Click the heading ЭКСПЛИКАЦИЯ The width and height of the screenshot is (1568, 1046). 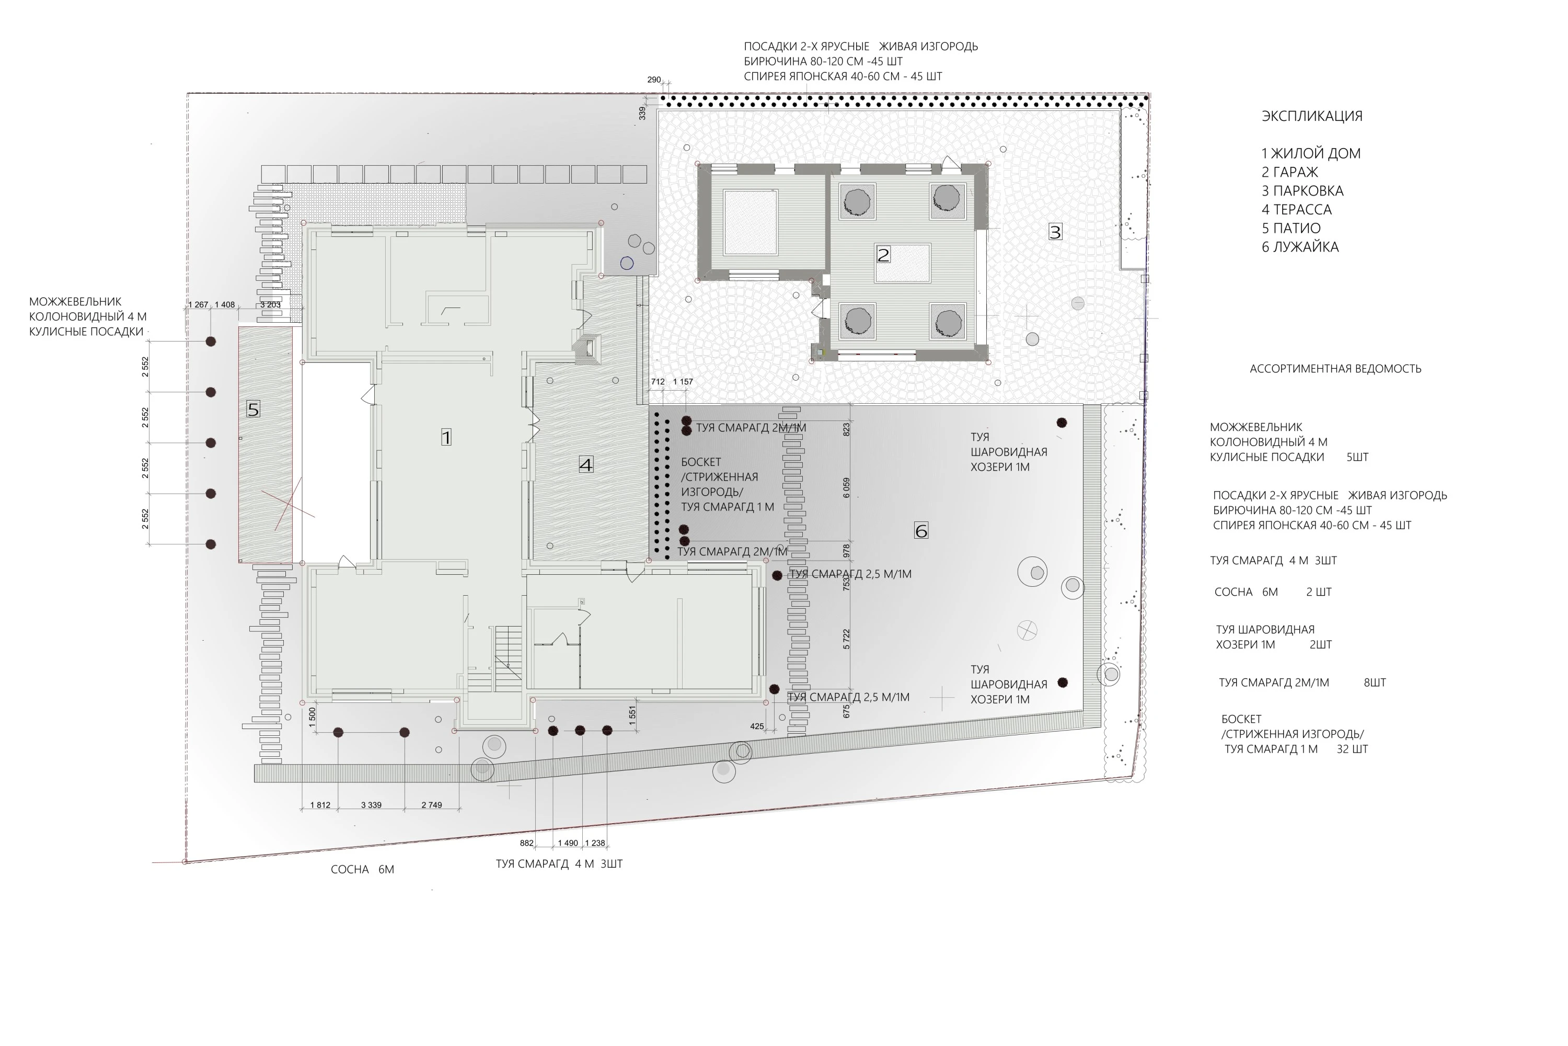(1312, 116)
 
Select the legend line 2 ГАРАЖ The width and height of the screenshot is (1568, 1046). (1289, 172)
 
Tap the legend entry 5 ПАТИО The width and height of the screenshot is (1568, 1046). (1290, 228)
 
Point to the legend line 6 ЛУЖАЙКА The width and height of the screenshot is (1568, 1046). (1300, 247)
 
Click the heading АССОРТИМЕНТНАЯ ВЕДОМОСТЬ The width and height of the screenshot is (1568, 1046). (1335, 369)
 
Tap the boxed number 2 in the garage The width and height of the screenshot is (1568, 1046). (883, 255)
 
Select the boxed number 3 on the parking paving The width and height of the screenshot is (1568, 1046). (1055, 232)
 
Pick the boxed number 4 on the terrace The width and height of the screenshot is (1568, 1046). (586, 465)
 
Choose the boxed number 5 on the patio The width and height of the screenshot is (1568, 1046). (252, 409)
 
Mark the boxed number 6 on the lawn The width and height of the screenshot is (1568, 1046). (920, 531)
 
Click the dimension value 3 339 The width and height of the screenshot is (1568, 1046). (371, 805)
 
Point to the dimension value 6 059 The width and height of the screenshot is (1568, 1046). (847, 487)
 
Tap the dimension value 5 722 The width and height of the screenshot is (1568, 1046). (847, 639)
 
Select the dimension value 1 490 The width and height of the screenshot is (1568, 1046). (568, 843)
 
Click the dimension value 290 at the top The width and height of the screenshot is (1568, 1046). (654, 80)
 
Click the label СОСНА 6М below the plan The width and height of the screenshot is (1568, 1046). (363, 870)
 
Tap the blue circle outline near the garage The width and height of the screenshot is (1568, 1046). (627, 264)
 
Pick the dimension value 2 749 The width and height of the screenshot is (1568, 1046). (431, 805)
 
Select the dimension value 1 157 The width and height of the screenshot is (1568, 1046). (683, 382)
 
